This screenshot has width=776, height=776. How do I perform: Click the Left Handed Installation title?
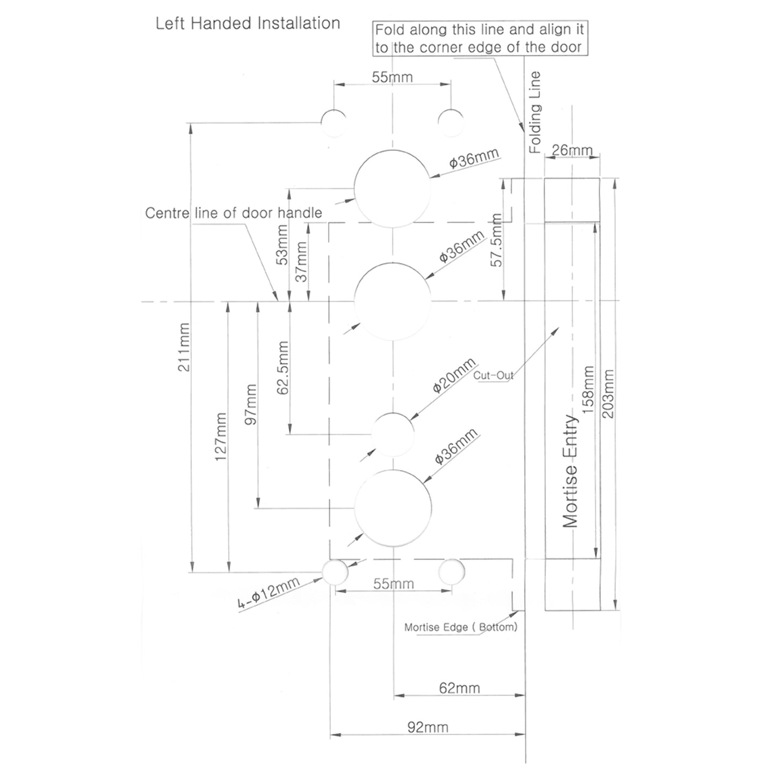click(248, 24)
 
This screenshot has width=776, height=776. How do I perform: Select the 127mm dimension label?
click(221, 437)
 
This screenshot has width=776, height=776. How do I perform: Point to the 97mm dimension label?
click(250, 404)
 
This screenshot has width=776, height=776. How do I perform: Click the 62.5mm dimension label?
click(283, 368)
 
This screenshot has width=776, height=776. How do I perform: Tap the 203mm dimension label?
click(608, 396)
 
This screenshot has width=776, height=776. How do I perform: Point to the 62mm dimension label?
click(459, 688)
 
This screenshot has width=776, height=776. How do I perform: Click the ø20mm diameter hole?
click(393, 434)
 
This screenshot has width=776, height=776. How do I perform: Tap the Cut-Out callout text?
click(493, 375)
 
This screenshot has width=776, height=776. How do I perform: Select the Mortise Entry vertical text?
click(570, 472)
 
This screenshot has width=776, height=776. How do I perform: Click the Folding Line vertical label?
click(535, 113)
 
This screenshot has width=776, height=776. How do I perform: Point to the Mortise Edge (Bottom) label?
click(460, 627)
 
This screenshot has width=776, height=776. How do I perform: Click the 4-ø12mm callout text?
click(269, 595)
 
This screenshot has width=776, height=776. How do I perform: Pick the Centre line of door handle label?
click(234, 213)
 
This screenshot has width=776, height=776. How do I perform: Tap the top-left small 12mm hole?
click(334, 122)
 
